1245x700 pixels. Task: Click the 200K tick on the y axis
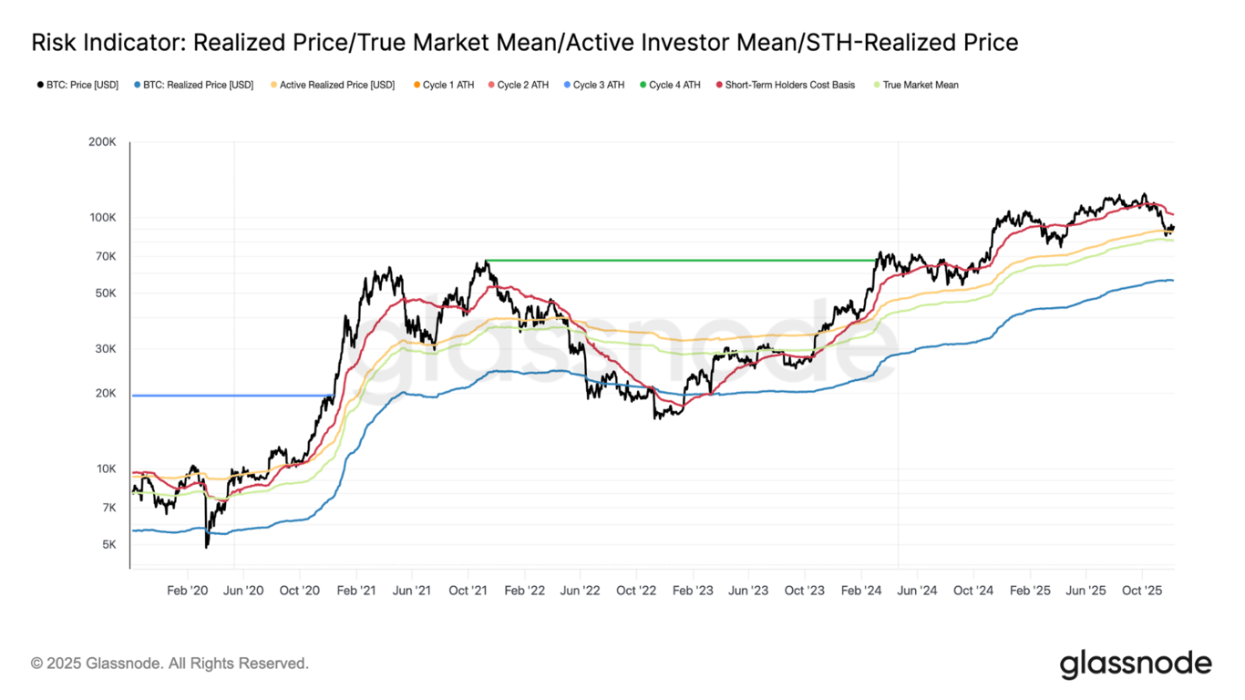pyautogui.click(x=102, y=142)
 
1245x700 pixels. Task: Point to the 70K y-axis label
pyautogui.click(x=105, y=256)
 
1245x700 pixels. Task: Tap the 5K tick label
pyautogui.click(x=108, y=545)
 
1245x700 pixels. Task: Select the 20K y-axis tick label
pyautogui.click(x=105, y=394)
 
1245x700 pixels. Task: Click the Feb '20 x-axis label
pyautogui.click(x=188, y=591)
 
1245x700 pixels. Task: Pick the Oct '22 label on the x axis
pyautogui.click(x=636, y=591)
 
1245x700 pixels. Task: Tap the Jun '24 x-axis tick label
pyautogui.click(x=917, y=591)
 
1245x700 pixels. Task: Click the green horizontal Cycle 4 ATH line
pyautogui.click(x=684, y=261)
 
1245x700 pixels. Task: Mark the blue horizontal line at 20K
pyautogui.click(x=228, y=396)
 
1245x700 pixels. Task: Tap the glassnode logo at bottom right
pyautogui.click(x=1136, y=664)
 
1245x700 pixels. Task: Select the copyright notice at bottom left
pyautogui.click(x=170, y=664)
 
